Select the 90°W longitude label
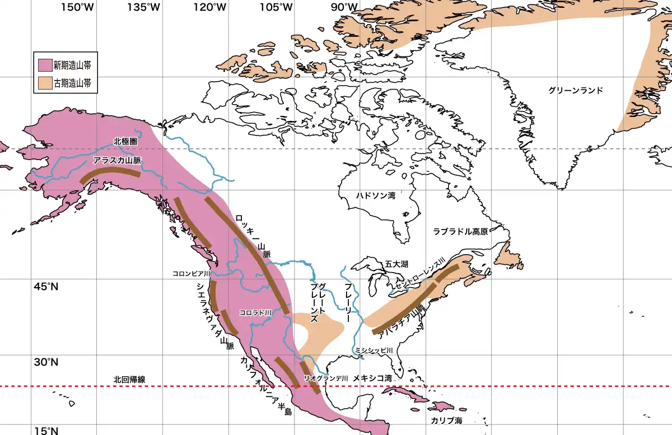pyautogui.click(x=343, y=7)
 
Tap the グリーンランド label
pyautogui.click(x=576, y=90)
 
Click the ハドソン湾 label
pyautogui.click(x=376, y=195)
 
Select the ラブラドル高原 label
pyautogui.click(x=460, y=231)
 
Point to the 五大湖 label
pyautogui.click(x=396, y=264)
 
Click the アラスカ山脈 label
pyautogui.click(x=117, y=160)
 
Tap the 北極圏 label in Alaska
pyautogui.click(x=125, y=142)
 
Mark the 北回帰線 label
pyautogui.click(x=129, y=379)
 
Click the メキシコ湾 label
pyautogui.click(x=372, y=378)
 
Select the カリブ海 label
pyautogui.click(x=446, y=420)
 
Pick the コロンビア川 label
pyautogui.click(x=192, y=274)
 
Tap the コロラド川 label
pyautogui.click(x=255, y=312)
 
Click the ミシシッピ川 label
pyautogui.click(x=375, y=350)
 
